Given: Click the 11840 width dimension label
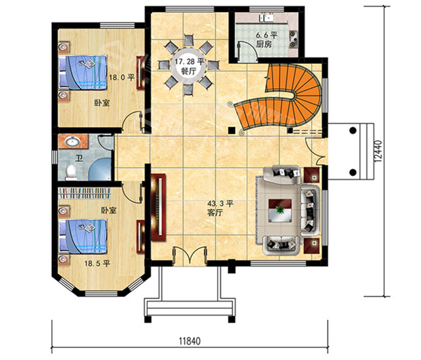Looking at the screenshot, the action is pyautogui.click(x=189, y=341).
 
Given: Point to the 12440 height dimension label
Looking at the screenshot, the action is pyautogui.click(x=378, y=151).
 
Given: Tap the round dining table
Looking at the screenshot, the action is pyautogui.click(x=189, y=65).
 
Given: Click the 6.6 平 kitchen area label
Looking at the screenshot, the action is pyautogui.click(x=266, y=35).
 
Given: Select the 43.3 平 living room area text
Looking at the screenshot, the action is pyautogui.click(x=220, y=204).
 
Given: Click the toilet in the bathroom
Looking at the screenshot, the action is pyautogui.click(x=71, y=172).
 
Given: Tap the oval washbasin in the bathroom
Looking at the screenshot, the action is pyautogui.click(x=72, y=141).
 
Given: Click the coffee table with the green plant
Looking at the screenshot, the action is pyautogui.click(x=280, y=211).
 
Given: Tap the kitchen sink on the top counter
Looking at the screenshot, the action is pyautogui.click(x=266, y=18).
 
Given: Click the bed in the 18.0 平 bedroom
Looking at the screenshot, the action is pyautogui.click(x=83, y=72).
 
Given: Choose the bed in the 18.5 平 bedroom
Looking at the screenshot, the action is pyautogui.click(x=83, y=236).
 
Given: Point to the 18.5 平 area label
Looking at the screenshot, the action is pyautogui.click(x=98, y=263).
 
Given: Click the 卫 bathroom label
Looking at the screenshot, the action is pyautogui.click(x=79, y=159).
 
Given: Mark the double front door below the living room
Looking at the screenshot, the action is pyautogui.click(x=189, y=256).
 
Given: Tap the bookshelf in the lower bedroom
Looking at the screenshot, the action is pyautogui.click(x=85, y=193).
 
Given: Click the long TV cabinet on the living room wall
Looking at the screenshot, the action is pyautogui.click(x=158, y=208).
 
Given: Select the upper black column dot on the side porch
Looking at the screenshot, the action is pyautogui.click(x=353, y=131).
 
